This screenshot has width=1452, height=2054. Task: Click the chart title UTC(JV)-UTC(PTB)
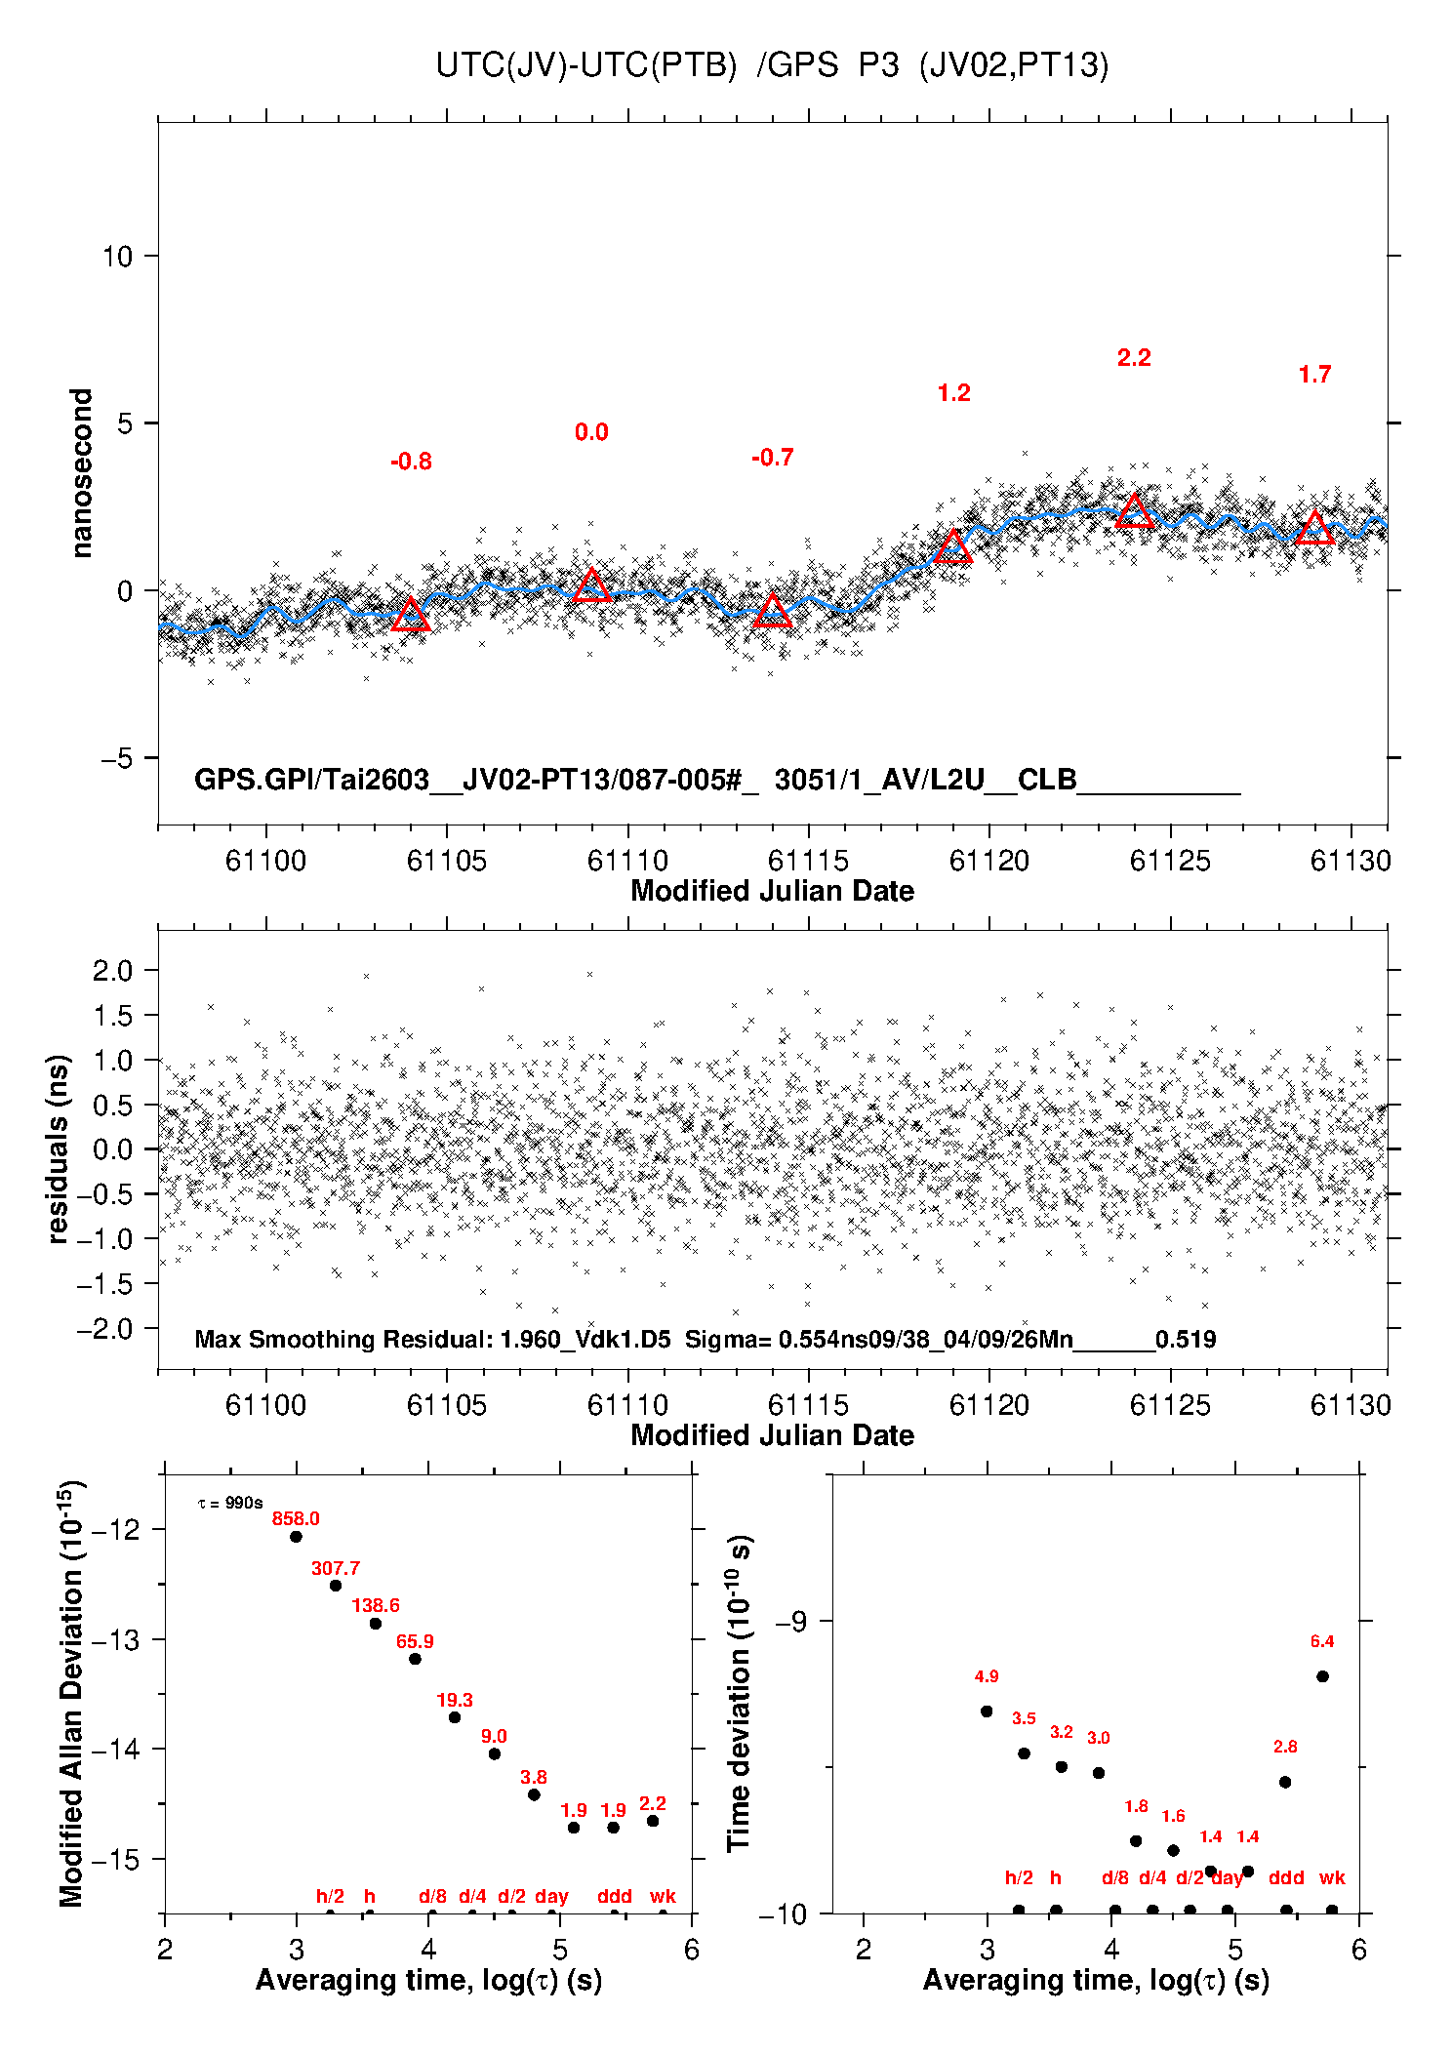(585, 65)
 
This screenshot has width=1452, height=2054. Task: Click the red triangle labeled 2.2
(1134, 511)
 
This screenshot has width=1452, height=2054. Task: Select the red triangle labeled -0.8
(411, 615)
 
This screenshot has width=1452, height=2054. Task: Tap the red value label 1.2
(953, 393)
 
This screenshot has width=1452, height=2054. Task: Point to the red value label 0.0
(591, 432)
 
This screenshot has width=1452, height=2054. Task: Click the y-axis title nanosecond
(81, 472)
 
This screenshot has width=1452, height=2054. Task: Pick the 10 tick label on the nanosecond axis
(117, 257)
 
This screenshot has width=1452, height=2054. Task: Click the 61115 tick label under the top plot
(808, 861)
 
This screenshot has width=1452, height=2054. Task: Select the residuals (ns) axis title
(58, 1148)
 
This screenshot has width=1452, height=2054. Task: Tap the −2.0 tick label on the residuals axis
(105, 1329)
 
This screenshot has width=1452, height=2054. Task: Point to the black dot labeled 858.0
(296, 1537)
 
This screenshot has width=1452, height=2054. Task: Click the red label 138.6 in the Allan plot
(376, 1605)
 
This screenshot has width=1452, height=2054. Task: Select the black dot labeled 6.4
(1322, 1676)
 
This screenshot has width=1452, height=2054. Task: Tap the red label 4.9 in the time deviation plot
(987, 1676)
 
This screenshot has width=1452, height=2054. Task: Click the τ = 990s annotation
(230, 1503)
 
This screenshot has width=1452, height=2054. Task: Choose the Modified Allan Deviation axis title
(71, 1694)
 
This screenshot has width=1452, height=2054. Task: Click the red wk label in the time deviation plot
(1332, 1877)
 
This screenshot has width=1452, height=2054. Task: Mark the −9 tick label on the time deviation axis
(791, 1621)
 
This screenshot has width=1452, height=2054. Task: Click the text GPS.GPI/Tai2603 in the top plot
(312, 780)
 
